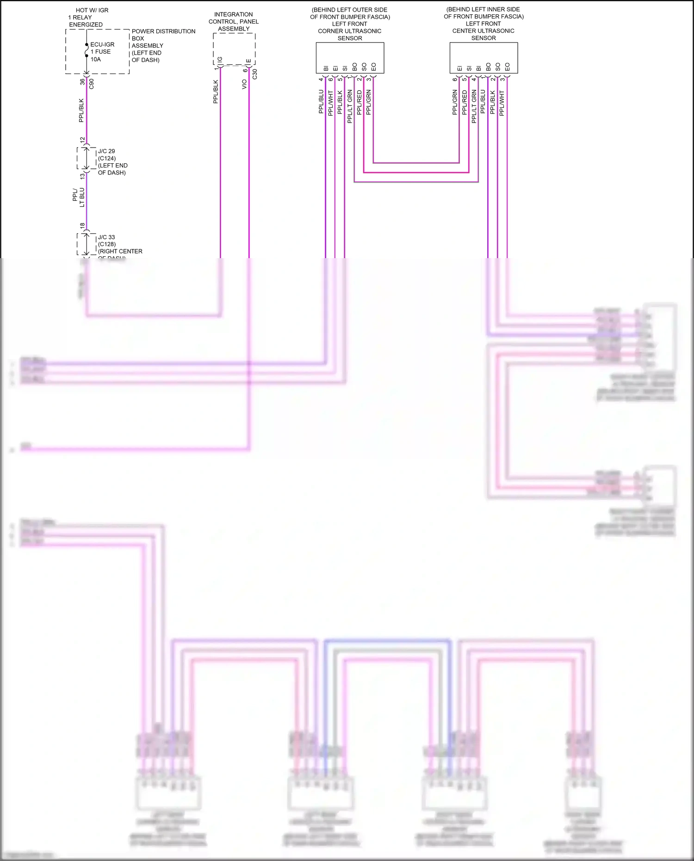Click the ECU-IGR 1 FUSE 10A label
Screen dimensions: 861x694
pyautogui.click(x=102, y=52)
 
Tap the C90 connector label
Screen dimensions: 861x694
pyautogui.click(x=92, y=84)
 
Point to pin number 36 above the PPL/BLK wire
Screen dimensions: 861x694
pyautogui.click(x=82, y=81)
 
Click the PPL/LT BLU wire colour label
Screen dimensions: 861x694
pyautogui.click(x=79, y=197)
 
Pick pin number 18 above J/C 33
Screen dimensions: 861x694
pyautogui.click(x=82, y=226)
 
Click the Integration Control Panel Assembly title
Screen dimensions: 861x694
pyautogui.click(x=234, y=22)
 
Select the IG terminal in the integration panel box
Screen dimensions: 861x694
pyautogui.click(x=220, y=60)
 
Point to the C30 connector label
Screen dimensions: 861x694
pyautogui.click(x=254, y=74)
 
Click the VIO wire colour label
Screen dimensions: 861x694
pyautogui.click(x=244, y=84)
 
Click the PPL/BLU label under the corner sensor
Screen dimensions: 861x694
pyautogui.click(x=321, y=102)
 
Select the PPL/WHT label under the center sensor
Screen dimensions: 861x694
pyautogui.click(x=502, y=103)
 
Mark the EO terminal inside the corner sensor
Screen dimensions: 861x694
pyautogui.click(x=373, y=67)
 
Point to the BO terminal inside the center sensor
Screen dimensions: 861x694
pyautogui.click(x=488, y=67)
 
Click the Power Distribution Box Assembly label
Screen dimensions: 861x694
pyautogui.click(x=163, y=45)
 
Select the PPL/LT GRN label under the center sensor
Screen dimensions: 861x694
pyautogui.click(x=474, y=106)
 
